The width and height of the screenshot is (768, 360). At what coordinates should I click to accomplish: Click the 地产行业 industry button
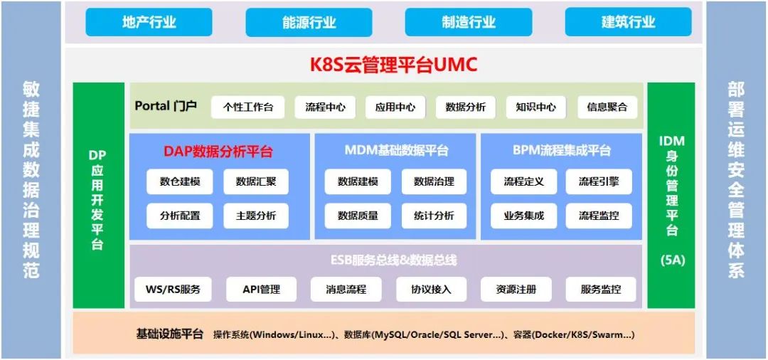click(149, 22)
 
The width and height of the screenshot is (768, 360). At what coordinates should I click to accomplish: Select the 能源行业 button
click(309, 22)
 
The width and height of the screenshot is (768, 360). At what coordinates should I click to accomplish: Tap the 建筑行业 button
click(628, 22)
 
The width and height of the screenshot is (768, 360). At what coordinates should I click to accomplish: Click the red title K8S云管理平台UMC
click(393, 65)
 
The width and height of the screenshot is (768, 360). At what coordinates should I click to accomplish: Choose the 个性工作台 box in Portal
click(247, 107)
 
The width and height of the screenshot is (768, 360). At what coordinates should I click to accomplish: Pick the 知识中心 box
click(535, 107)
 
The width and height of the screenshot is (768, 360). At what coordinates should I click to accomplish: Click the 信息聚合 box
click(607, 107)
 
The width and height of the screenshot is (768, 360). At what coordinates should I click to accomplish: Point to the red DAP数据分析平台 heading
click(218, 151)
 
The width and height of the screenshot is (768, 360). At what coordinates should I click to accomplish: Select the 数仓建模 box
click(180, 181)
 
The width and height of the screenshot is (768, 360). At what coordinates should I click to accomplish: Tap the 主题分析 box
click(256, 216)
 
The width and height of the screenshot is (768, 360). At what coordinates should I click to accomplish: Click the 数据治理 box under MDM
click(434, 181)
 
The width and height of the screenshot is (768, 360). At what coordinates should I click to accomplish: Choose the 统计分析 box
click(434, 216)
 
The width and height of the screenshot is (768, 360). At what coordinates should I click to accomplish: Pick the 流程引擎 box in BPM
click(599, 181)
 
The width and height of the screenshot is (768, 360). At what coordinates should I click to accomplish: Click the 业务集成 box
click(523, 216)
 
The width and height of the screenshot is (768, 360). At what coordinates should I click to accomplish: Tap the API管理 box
click(261, 290)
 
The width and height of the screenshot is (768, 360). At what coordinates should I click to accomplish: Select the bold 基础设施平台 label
click(170, 334)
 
